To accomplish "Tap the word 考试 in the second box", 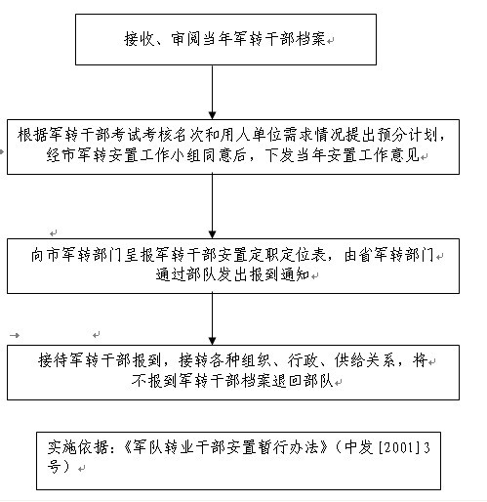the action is [x=127, y=135].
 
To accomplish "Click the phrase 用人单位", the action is [x=251, y=135].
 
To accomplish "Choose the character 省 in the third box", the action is [x=366, y=255].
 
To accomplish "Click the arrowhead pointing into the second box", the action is [x=212, y=115].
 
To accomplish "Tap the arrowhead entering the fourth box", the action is [x=212, y=341].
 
